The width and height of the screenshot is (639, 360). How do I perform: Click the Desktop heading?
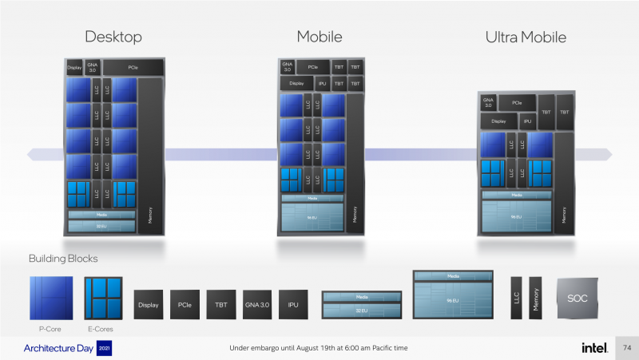pyautogui.click(x=113, y=37)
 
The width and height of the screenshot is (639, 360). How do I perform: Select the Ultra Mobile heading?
pyautogui.click(x=526, y=37)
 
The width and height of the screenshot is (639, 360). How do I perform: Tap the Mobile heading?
pyautogui.click(x=319, y=37)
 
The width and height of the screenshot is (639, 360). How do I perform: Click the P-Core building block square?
pyautogui.click(x=50, y=298)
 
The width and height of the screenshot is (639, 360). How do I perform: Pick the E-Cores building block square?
pyautogui.click(x=105, y=298)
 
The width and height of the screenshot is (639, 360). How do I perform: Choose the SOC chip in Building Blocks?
pyautogui.click(x=577, y=299)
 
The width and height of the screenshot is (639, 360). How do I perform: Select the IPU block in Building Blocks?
pyautogui.click(x=293, y=305)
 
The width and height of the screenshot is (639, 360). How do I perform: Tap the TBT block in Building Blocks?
pyautogui.click(x=221, y=305)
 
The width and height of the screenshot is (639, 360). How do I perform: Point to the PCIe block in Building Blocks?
pyautogui.click(x=185, y=305)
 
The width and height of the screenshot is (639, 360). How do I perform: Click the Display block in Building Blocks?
pyautogui.click(x=149, y=305)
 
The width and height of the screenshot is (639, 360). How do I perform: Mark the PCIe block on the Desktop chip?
pyautogui.click(x=133, y=68)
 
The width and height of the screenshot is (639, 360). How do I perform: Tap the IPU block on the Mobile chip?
pyautogui.click(x=322, y=83)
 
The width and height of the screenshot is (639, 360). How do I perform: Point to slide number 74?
pyautogui.click(x=627, y=348)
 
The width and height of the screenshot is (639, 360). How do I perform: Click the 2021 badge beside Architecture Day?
pyautogui.click(x=104, y=349)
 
